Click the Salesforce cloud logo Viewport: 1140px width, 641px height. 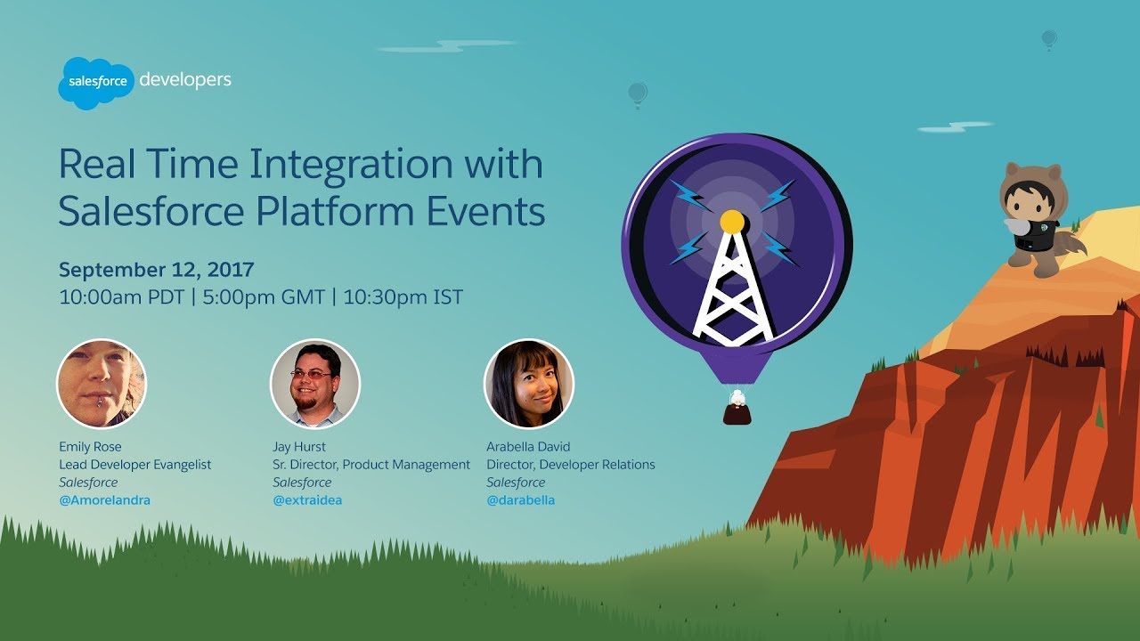pyautogui.click(x=95, y=83)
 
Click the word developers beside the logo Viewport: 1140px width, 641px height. pyautogui.click(x=185, y=80)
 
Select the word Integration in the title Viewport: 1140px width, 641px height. pyautogui.click(x=351, y=166)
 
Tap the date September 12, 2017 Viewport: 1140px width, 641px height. pyautogui.click(x=156, y=270)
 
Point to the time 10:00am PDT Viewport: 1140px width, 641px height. pyautogui.click(x=122, y=297)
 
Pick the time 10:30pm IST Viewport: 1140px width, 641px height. pyautogui.click(x=403, y=297)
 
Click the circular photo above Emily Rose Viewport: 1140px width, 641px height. pyautogui.click(x=102, y=384)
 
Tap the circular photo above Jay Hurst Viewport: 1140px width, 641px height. pyautogui.click(x=315, y=384)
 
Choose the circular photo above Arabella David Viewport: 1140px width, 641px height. pyautogui.click(x=529, y=384)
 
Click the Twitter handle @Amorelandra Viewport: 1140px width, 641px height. pyautogui.click(x=105, y=500)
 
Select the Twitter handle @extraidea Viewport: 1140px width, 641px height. pyautogui.click(x=307, y=500)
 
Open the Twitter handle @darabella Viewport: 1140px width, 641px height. pyautogui.click(x=521, y=500)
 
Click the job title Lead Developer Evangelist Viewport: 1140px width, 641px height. pyautogui.click(x=134, y=465)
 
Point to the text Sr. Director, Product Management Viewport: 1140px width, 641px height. pyautogui.click(x=371, y=465)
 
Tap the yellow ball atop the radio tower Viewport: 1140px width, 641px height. pyautogui.click(x=732, y=222)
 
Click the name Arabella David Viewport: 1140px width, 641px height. pyautogui.click(x=528, y=447)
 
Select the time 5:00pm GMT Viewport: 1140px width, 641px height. pyautogui.click(x=264, y=297)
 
